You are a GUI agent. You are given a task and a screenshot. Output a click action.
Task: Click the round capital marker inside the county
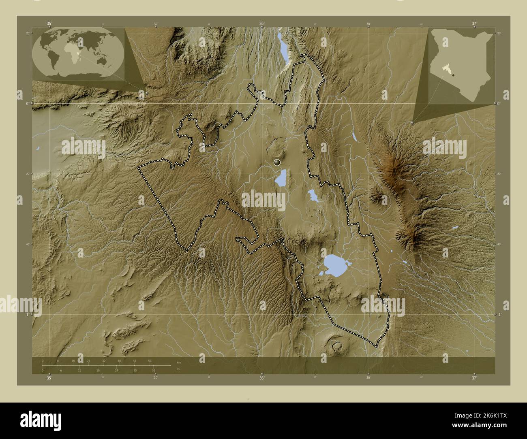(x=277, y=162)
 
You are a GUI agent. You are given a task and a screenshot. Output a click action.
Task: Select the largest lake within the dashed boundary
(x=336, y=266)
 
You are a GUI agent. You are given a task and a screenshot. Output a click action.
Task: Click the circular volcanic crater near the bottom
(x=336, y=345)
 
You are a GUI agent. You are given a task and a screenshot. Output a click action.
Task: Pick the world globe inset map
(x=78, y=53)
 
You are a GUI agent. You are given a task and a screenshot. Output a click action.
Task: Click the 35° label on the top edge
(x=49, y=23)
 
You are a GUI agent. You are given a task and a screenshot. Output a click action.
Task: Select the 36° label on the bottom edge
(x=262, y=378)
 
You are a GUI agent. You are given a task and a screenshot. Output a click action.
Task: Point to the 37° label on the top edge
(x=474, y=23)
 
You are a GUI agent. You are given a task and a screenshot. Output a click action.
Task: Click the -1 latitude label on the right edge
(x=500, y=315)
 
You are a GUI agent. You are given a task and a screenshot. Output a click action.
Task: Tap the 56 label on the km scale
(x=150, y=360)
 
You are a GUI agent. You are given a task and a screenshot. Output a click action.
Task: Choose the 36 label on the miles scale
(x=154, y=370)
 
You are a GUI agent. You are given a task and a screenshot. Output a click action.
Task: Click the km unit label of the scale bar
(x=178, y=362)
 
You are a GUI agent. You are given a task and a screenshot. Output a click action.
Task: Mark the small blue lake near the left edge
(x=38, y=149)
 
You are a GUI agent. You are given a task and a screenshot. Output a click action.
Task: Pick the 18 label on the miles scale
(x=98, y=370)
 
